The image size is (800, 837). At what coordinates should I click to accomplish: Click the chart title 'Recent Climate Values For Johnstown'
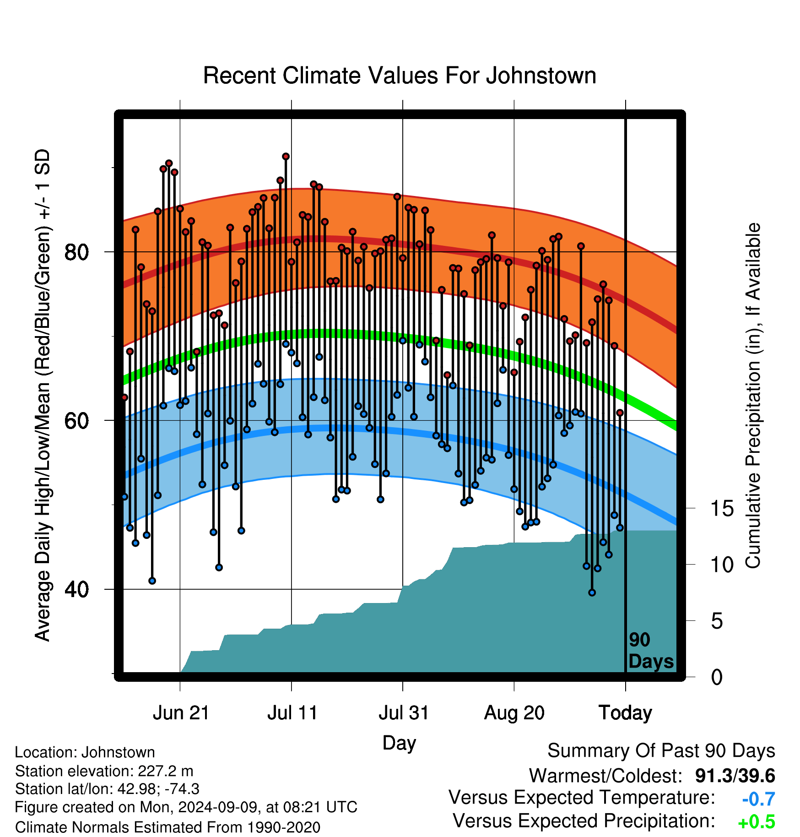click(x=400, y=76)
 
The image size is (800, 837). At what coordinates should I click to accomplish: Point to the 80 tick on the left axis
click(x=76, y=252)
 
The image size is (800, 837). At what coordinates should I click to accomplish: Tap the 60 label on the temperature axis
click(x=76, y=420)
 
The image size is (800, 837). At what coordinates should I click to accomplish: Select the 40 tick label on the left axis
click(x=76, y=589)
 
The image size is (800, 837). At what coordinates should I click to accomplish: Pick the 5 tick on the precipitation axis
click(x=717, y=621)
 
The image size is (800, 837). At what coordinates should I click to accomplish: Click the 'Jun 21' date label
click(x=181, y=713)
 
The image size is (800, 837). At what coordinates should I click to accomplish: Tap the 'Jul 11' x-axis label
click(x=292, y=713)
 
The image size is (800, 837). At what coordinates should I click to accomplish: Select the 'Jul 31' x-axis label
click(x=404, y=713)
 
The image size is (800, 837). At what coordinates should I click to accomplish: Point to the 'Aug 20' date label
click(x=514, y=713)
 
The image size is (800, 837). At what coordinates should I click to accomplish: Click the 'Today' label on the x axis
click(x=626, y=713)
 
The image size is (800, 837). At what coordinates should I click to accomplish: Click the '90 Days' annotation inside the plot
click(x=651, y=651)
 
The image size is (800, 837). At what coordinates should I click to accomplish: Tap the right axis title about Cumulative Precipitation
click(x=753, y=396)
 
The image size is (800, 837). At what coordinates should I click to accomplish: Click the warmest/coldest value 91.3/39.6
click(x=735, y=776)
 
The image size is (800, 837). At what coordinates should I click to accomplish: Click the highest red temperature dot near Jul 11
click(x=286, y=157)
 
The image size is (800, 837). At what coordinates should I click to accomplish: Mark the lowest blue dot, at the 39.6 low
click(x=592, y=592)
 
